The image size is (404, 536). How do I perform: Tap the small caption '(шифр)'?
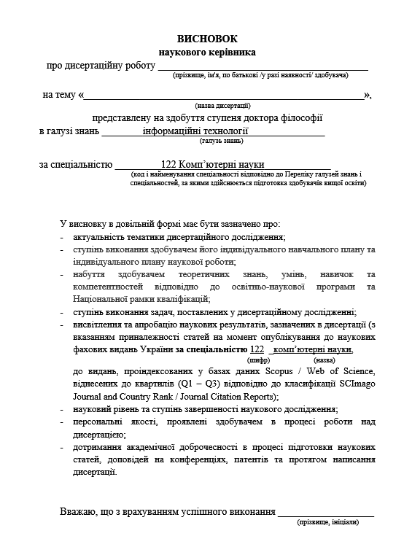(x=259, y=360)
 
